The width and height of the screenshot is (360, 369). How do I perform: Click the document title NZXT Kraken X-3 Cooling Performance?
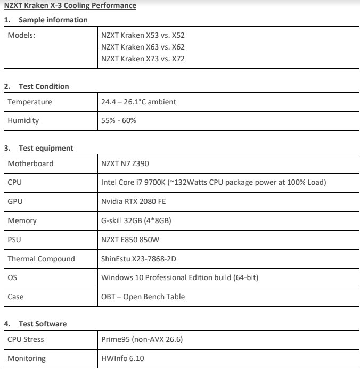pyautogui.click(x=70, y=6)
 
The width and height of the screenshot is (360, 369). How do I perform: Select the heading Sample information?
pyautogui.click(x=53, y=20)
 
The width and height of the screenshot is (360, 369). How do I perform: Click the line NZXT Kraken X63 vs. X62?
pyautogui.click(x=143, y=47)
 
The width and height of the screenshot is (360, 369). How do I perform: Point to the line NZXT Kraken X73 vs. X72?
pyautogui.click(x=143, y=59)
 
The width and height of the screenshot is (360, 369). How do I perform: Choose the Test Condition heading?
pyautogui.click(x=44, y=86)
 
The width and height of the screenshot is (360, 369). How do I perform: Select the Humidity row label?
pyautogui.click(x=23, y=120)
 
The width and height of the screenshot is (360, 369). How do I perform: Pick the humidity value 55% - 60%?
pyautogui.click(x=119, y=120)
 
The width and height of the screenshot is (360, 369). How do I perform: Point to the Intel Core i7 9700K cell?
pyautogui.click(x=213, y=183)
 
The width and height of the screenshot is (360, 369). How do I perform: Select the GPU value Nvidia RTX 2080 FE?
pyautogui.click(x=135, y=201)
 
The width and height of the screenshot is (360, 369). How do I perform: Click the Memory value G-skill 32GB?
pyautogui.click(x=135, y=220)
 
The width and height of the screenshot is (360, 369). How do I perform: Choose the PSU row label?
pyautogui.click(x=14, y=240)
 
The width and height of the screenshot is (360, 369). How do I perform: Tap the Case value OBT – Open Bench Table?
pyautogui.click(x=143, y=297)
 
